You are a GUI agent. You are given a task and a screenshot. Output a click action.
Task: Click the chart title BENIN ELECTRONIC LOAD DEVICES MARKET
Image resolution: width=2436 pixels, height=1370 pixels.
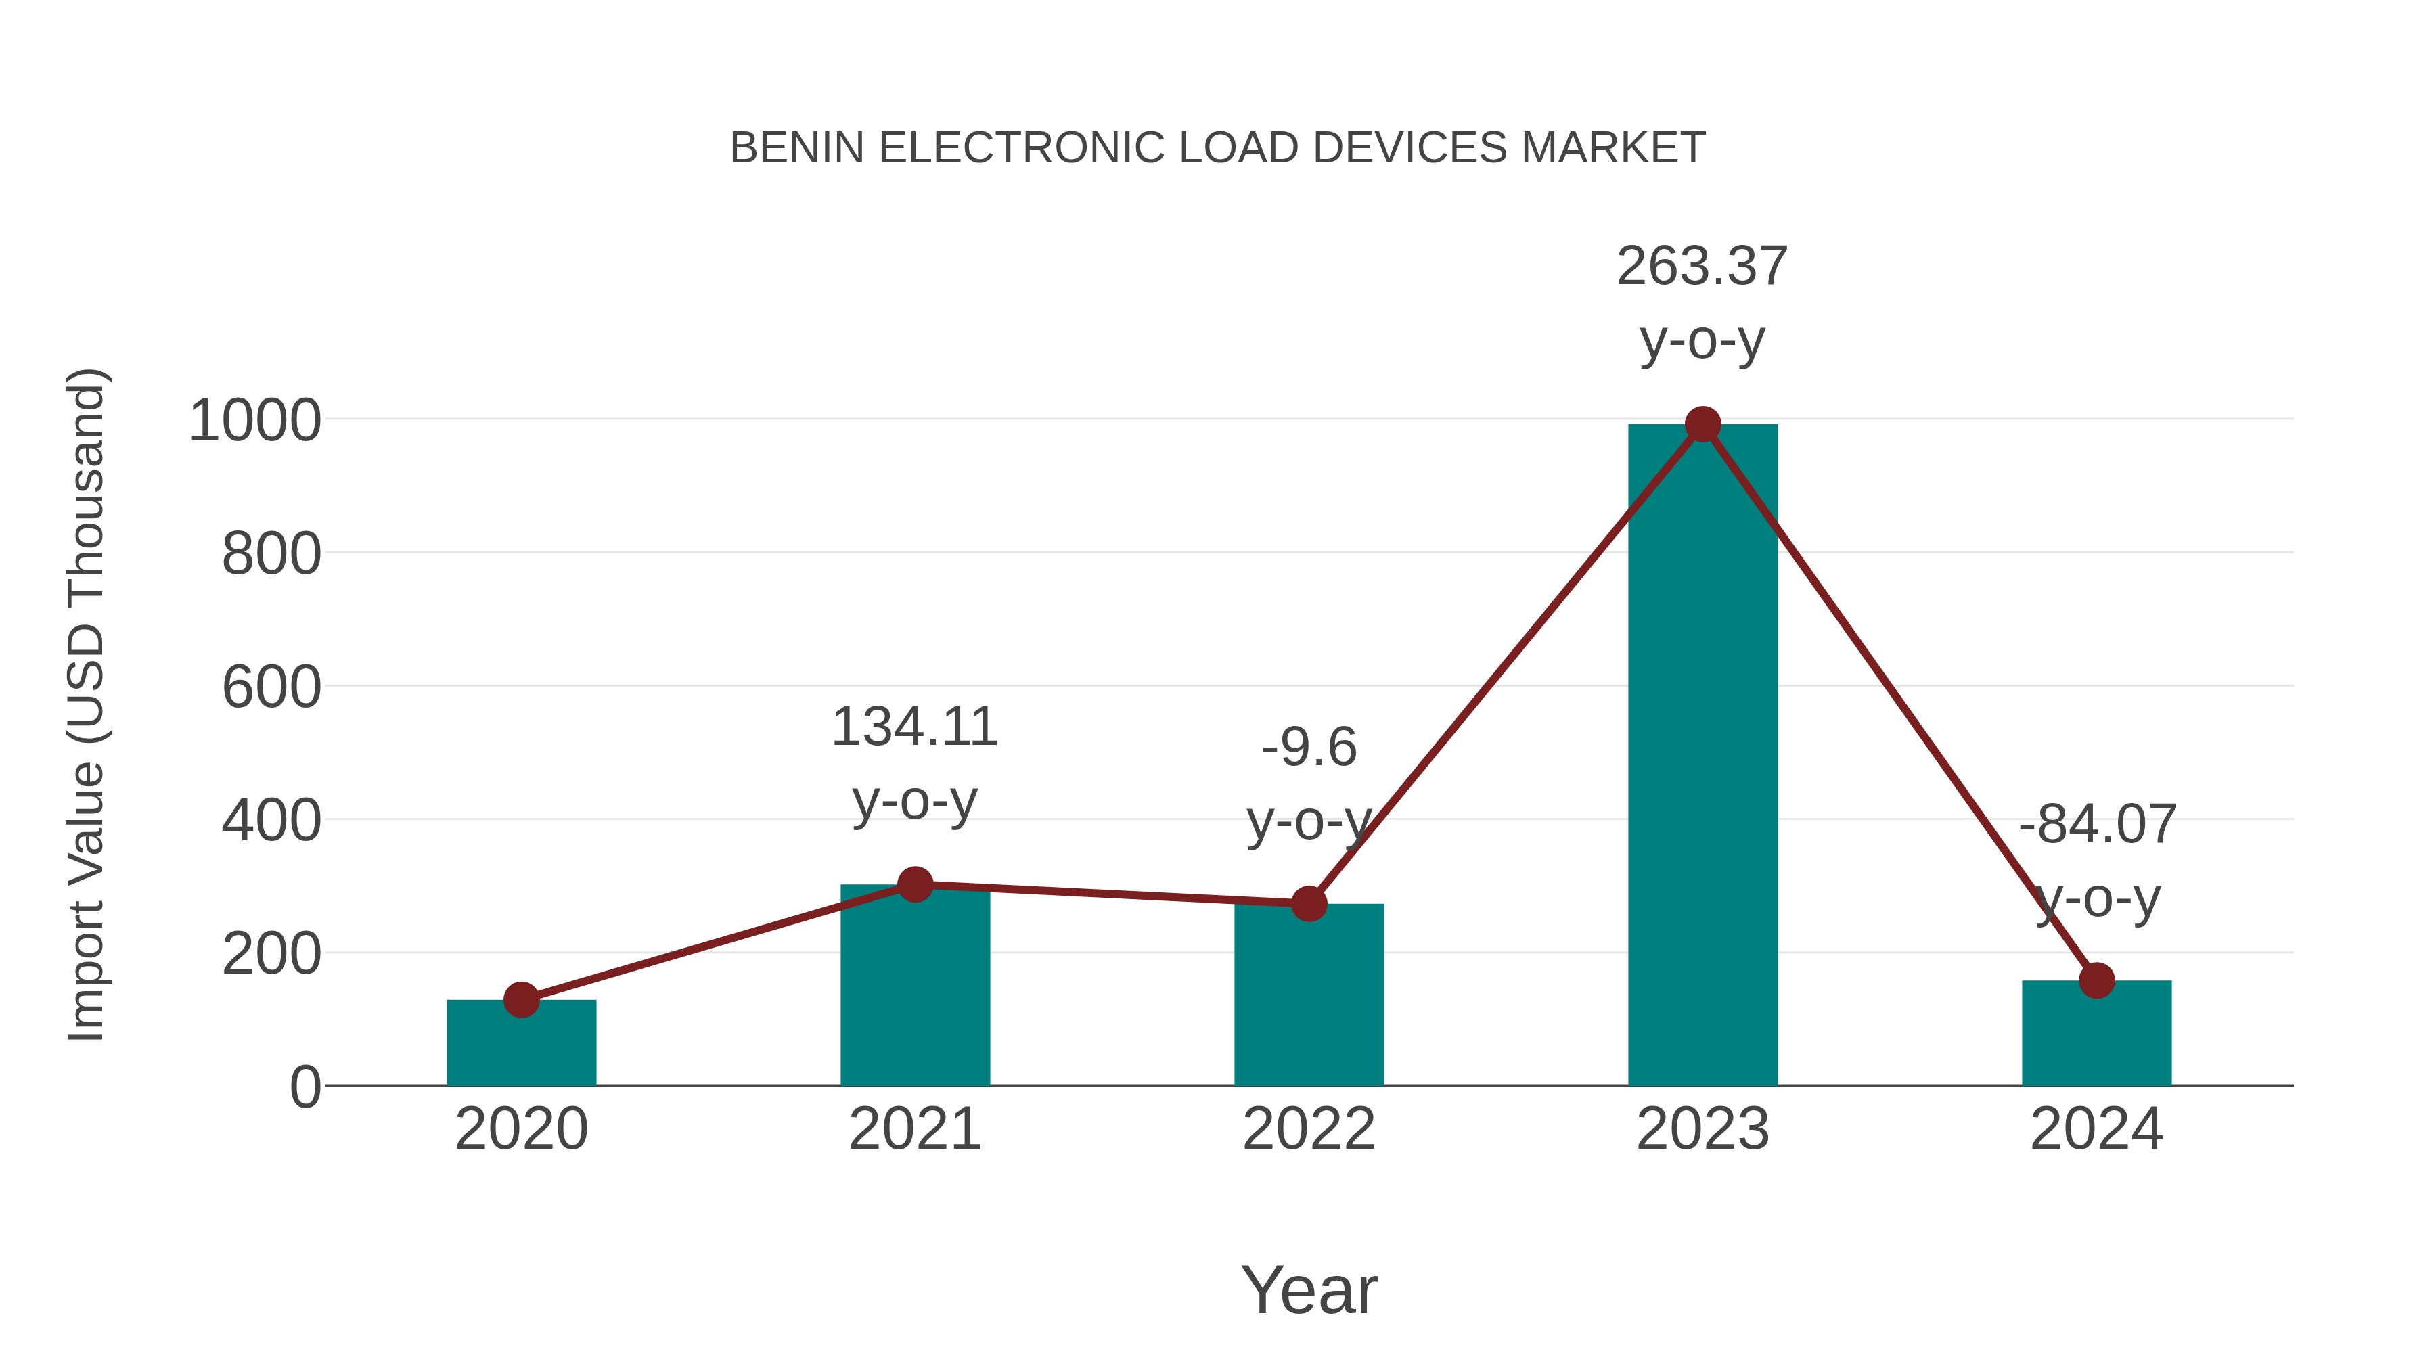[1217, 148]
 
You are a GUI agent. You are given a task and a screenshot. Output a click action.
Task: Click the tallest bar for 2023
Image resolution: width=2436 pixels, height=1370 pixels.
[1702, 756]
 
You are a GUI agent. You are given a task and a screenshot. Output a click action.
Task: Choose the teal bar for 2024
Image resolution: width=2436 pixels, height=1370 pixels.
[2096, 1035]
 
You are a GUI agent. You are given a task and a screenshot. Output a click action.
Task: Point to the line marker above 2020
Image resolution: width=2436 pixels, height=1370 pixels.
[521, 999]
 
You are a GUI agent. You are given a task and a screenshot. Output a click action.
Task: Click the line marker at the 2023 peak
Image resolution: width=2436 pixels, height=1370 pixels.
[1702, 424]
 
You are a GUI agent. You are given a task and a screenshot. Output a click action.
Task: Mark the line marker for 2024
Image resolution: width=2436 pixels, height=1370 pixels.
[2096, 980]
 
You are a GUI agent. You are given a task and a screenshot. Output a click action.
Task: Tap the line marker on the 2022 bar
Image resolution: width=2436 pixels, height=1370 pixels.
[1309, 904]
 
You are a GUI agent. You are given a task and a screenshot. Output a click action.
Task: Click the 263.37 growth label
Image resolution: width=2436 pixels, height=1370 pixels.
[1702, 267]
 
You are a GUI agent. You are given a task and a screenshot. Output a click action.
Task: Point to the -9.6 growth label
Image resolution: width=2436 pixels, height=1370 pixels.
[1309, 748]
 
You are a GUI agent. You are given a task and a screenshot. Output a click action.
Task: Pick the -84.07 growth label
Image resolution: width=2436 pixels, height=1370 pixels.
[2096, 825]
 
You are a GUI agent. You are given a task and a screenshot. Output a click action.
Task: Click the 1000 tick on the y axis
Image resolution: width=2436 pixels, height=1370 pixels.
[254, 421]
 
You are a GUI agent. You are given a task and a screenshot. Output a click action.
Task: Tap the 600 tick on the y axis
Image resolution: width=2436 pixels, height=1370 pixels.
[271, 687]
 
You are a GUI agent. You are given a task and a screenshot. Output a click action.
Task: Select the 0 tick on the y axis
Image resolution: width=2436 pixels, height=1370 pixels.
[304, 1087]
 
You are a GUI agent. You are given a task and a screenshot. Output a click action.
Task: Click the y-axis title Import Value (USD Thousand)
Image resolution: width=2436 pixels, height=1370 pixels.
[87, 704]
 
